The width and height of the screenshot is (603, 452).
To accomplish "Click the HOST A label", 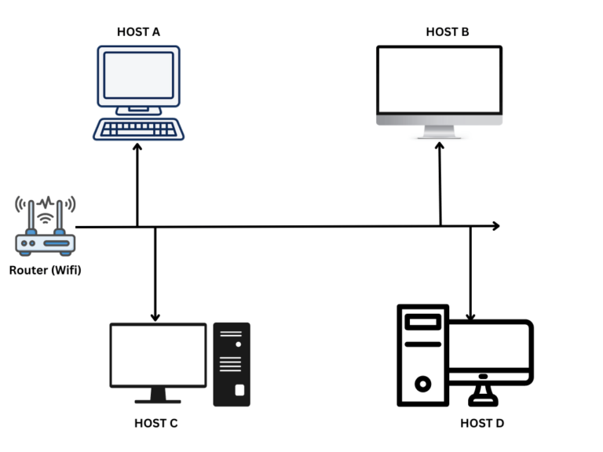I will (138, 32).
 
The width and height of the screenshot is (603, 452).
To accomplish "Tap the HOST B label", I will (448, 32).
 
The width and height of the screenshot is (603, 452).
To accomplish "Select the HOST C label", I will (155, 423).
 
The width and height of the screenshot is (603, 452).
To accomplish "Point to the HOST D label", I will (482, 424).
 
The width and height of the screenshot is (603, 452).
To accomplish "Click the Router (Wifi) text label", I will (46, 271).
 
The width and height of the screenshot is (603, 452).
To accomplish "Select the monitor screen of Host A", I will (138, 75).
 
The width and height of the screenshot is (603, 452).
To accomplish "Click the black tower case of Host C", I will (232, 364).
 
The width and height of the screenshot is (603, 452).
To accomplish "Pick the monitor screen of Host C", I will (158, 354).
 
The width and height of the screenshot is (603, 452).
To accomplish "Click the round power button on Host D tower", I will (422, 384).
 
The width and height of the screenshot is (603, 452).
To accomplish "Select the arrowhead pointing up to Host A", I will (137, 147).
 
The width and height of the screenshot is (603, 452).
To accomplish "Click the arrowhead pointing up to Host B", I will (440, 146).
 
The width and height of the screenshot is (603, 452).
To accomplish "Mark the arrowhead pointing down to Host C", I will (155, 316).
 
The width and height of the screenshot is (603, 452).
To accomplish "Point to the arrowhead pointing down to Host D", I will (470, 316).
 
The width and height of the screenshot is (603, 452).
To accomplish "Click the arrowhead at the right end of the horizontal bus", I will (495, 226).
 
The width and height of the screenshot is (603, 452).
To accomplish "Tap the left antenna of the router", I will (30, 216).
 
